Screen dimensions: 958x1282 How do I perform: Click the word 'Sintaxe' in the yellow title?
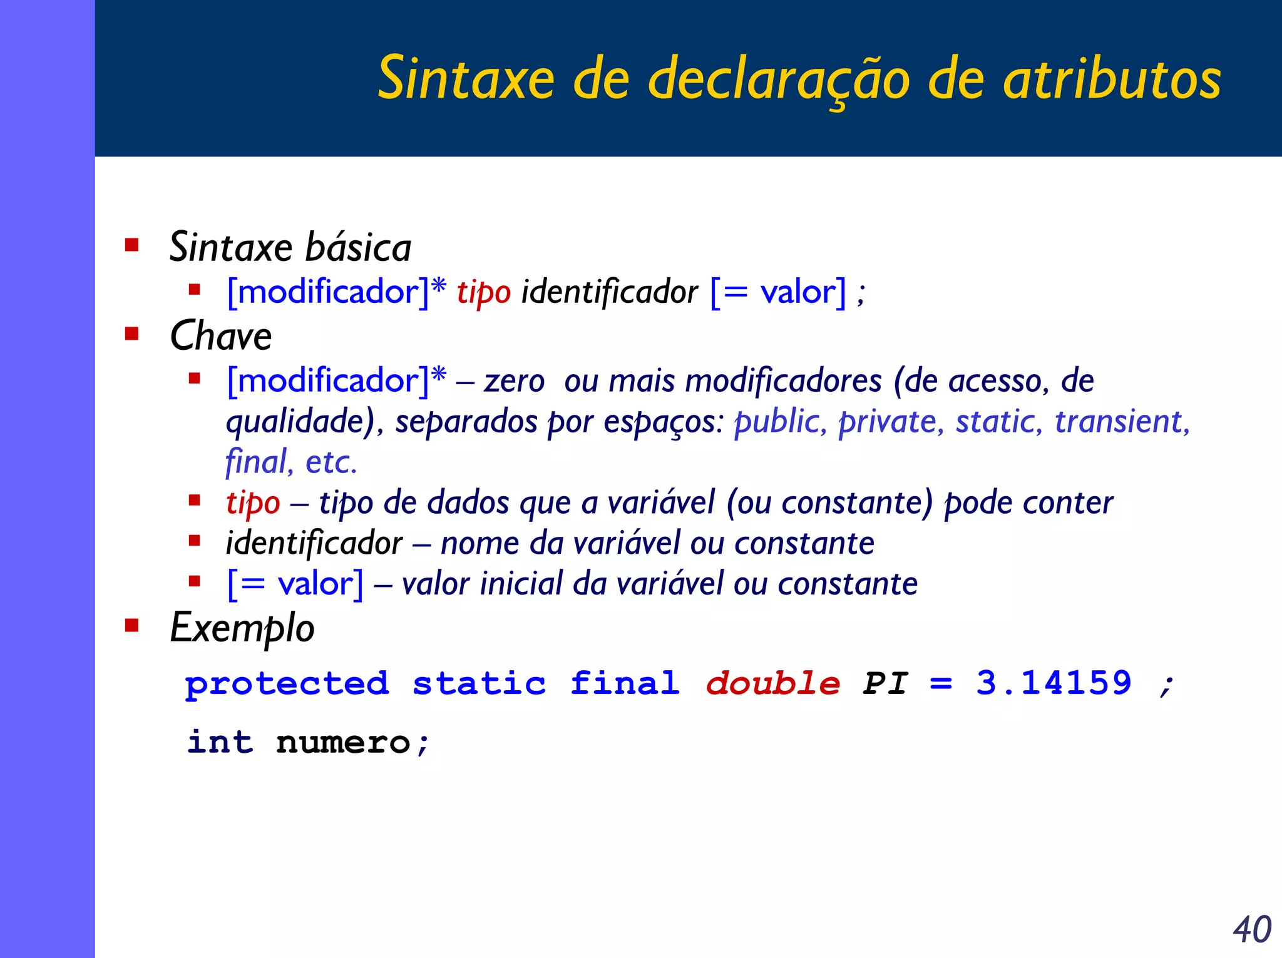pyautogui.click(x=466, y=78)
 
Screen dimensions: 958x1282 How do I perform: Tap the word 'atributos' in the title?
pyautogui.click(x=1112, y=78)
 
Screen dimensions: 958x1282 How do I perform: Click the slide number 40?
pyautogui.click(x=1252, y=929)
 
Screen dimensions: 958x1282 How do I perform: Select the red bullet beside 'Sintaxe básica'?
pyautogui.click(x=131, y=244)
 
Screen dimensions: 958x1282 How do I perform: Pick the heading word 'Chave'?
pyautogui.click(x=220, y=336)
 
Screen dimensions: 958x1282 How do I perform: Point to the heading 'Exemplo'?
pyautogui.click(x=242, y=628)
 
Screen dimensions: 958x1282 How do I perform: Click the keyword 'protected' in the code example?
pyautogui.click(x=287, y=683)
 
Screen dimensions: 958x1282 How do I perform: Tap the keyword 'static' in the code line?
pyautogui.click(x=479, y=683)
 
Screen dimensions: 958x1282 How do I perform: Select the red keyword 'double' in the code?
pyautogui.click(x=772, y=683)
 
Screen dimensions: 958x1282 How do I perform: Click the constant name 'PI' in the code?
pyautogui.click(x=885, y=683)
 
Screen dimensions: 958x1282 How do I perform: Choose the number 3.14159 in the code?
pyautogui.click(x=1054, y=682)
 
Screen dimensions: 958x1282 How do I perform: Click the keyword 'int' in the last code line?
pyautogui.click(x=220, y=742)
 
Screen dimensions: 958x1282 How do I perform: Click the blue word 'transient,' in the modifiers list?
pyautogui.click(x=1122, y=421)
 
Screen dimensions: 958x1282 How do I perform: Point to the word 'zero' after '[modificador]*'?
pyautogui.click(x=514, y=381)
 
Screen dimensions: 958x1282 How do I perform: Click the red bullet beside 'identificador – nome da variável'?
pyautogui.click(x=195, y=540)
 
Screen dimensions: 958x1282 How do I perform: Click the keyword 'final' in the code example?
pyautogui.click(x=625, y=683)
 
